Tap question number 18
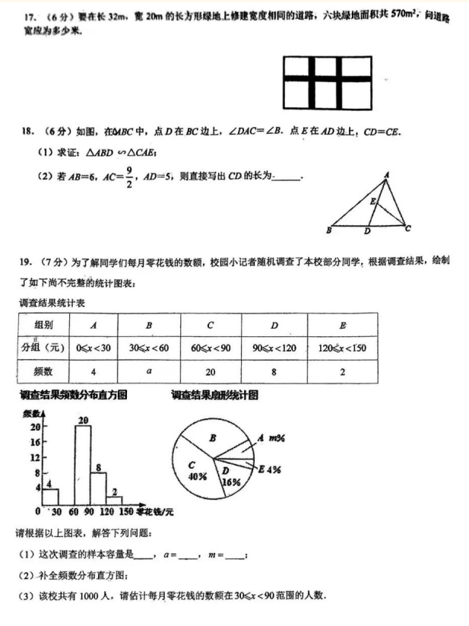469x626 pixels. [x=28, y=132]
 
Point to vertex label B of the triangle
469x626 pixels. [x=328, y=230]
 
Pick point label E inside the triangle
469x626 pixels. [x=372, y=202]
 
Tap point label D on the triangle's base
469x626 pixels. [x=367, y=231]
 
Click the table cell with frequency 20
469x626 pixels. [x=211, y=372]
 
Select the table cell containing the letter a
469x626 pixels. [x=149, y=372]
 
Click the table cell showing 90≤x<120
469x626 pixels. [x=273, y=348]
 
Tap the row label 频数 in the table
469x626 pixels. [x=43, y=372]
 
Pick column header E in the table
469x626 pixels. [x=342, y=326]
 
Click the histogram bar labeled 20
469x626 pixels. [x=83, y=464]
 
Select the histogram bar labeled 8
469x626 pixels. [x=98, y=488]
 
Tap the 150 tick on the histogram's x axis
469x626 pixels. [x=125, y=512]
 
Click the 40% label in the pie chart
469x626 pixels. [x=198, y=477]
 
